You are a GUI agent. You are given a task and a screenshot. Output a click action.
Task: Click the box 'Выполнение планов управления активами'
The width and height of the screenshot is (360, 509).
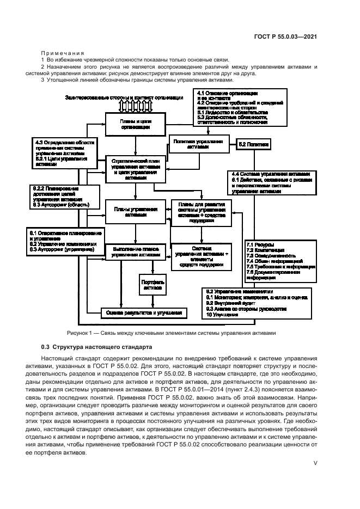[136, 251]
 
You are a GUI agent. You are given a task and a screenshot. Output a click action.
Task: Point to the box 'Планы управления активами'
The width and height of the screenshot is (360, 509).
[136, 211]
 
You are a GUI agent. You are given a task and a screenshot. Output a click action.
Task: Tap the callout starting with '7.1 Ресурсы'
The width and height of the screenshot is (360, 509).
[280, 261]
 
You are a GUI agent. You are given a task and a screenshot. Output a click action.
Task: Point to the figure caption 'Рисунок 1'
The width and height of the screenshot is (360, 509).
[180, 333]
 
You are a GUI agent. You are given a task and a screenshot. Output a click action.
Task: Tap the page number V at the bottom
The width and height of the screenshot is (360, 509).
[315, 464]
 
